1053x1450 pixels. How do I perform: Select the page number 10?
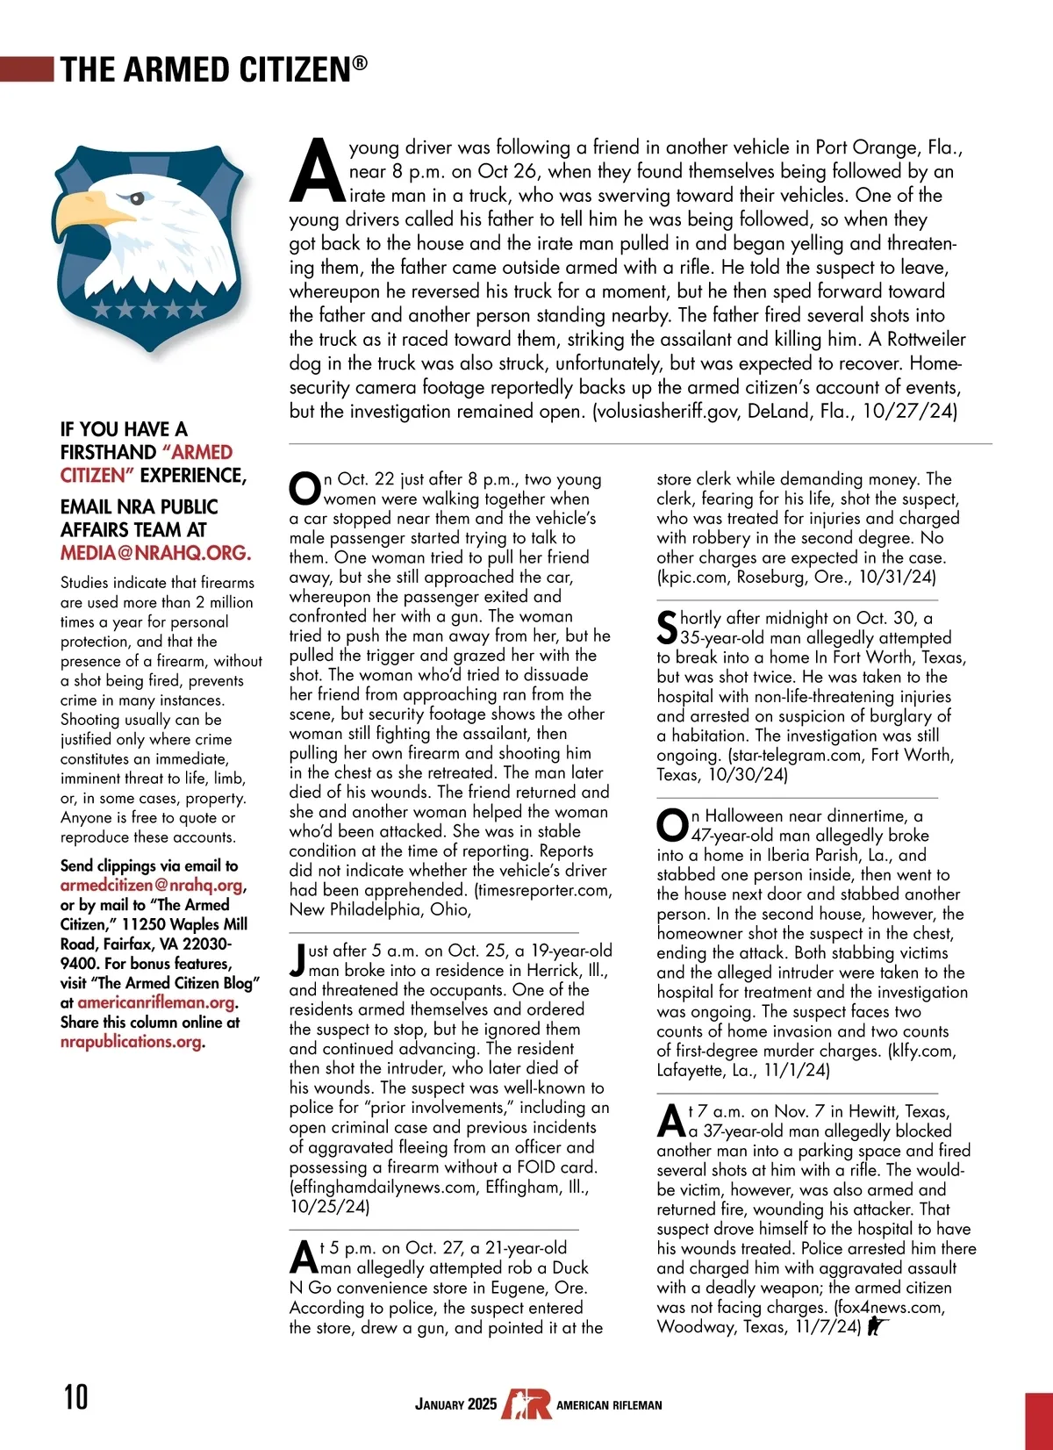pos(75,1396)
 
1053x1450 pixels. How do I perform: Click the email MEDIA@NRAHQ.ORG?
pos(155,553)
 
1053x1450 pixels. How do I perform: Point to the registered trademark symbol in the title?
pos(360,62)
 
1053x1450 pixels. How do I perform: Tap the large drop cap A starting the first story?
pos(316,170)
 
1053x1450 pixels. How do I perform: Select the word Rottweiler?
pos(926,340)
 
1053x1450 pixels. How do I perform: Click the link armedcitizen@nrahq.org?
pos(152,886)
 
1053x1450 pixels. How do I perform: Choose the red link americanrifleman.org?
pos(156,1002)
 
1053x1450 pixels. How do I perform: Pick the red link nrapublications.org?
pos(131,1042)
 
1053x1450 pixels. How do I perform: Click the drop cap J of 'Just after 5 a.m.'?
pos(297,959)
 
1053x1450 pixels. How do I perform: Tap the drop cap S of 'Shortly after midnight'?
pos(667,627)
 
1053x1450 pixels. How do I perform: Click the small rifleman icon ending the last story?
pos(877,1327)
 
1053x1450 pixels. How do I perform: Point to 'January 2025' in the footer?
pos(455,1404)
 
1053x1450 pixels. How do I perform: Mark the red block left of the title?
pos(27,69)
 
